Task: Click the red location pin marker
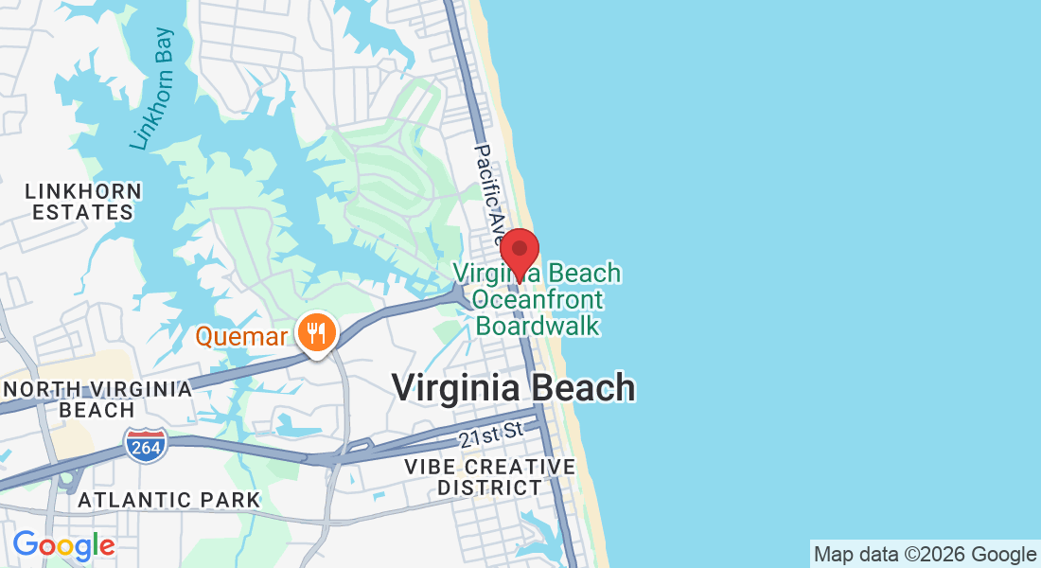[x=520, y=252]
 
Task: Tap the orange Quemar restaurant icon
[x=316, y=333]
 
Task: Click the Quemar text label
[x=242, y=335]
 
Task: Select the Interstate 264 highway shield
[x=145, y=444]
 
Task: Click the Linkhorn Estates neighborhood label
[x=83, y=202]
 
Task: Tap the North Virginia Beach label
[x=97, y=399]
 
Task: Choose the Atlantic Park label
[x=168, y=499]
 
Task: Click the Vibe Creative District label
[x=489, y=477]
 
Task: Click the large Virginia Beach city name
[x=513, y=388]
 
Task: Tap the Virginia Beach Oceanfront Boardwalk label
[x=538, y=299]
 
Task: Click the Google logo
[x=63, y=545]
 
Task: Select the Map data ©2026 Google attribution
[x=926, y=554]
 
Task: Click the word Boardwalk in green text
[x=538, y=326]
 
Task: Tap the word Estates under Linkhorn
[x=83, y=212]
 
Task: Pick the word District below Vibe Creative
[x=489, y=488]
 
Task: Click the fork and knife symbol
[x=316, y=333]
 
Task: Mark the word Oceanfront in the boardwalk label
[x=538, y=299]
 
